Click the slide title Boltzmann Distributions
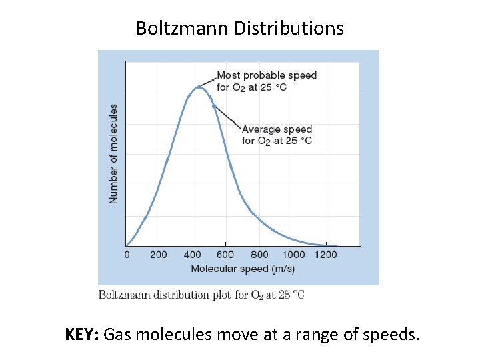click(x=240, y=28)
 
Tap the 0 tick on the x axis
click(x=127, y=255)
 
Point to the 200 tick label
click(x=159, y=255)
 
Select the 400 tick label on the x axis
click(x=192, y=255)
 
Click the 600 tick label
click(x=225, y=255)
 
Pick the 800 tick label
click(x=259, y=255)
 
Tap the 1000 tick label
click(x=293, y=255)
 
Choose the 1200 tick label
click(x=326, y=255)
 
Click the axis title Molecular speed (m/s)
click(x=243, y=269)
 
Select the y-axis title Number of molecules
click(x=113, y=153)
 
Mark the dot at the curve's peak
click(x=199, y=87)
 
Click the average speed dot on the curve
click(x=214, y=106)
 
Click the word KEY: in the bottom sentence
click(x=82, y=333)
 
